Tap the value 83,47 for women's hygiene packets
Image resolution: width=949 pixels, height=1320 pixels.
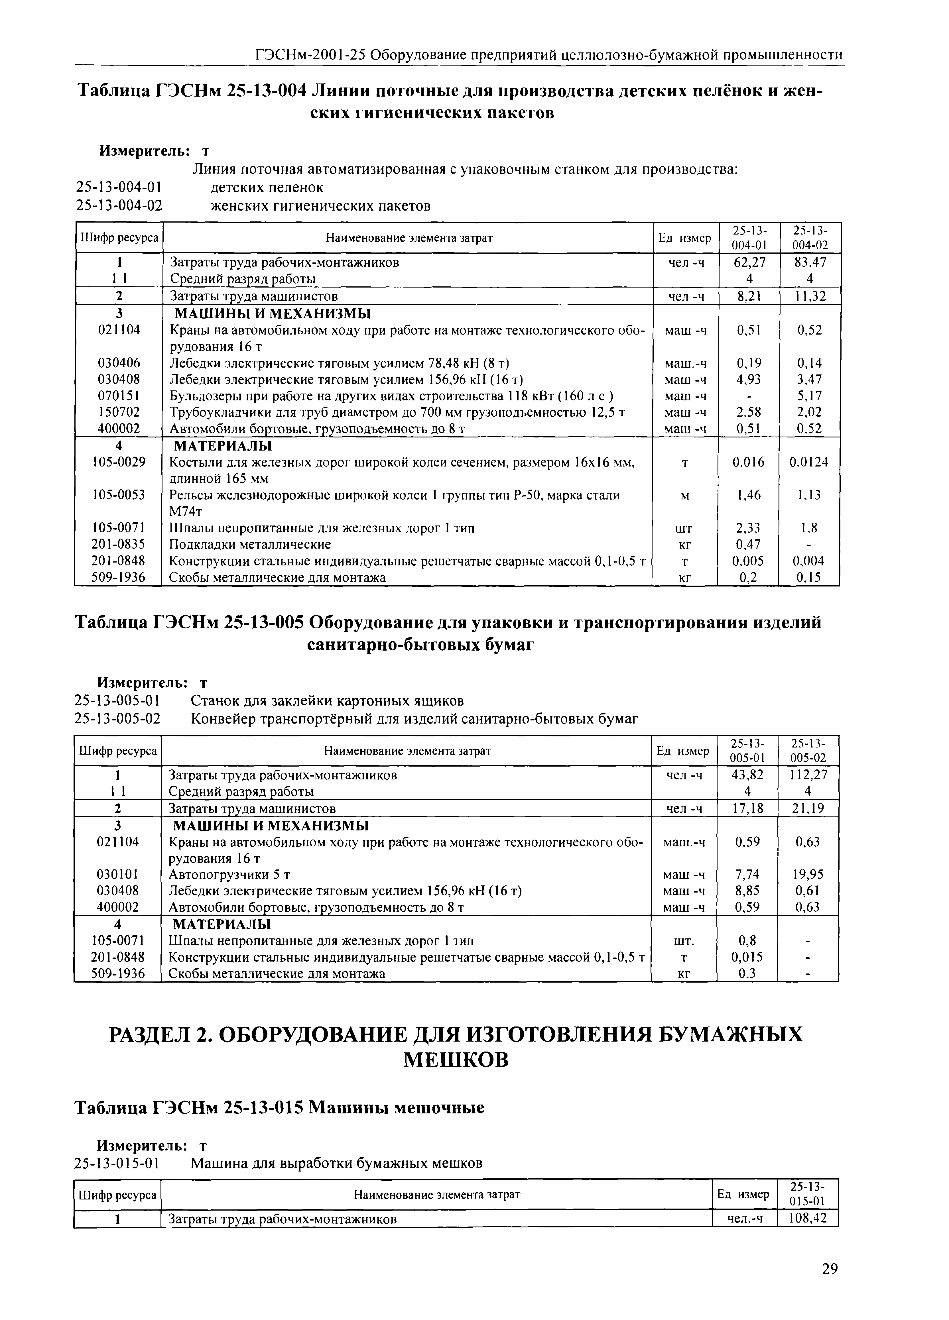809,262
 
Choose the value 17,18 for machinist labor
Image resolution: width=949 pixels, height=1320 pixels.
747,808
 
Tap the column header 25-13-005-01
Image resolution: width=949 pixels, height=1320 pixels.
747,751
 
